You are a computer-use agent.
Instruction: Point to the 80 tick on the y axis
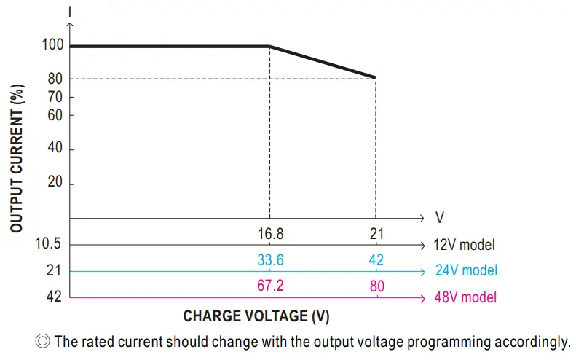tap(55, 79)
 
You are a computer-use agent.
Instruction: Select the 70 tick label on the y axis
tap(55, 97)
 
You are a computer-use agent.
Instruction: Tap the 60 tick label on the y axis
tap(55, 114)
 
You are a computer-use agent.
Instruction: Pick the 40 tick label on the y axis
tap(55, 149)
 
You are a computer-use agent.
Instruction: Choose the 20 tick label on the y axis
tap(55, 183)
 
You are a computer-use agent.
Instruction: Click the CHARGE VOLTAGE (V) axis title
tap(256, 316)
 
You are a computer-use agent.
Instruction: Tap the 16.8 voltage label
tap(269, 234)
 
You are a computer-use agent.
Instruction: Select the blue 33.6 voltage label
tap(269, 260)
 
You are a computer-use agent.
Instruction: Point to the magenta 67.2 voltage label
tap(269, 286)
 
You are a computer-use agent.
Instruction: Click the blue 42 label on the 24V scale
tap(376, 260)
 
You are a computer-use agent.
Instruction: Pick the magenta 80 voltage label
tap(376, 286)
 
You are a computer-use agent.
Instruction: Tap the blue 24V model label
tap(467, 271)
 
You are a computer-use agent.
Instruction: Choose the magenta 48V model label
tap(467, 297)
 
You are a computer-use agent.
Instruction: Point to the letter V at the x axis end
tap(439, 217)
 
